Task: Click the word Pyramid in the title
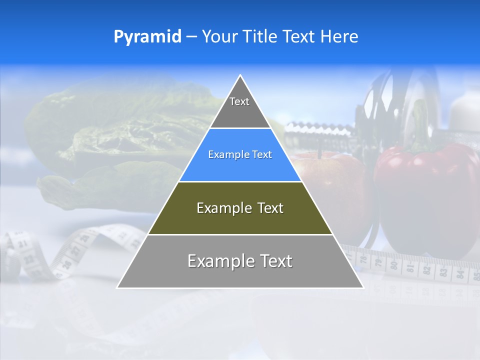coord(147,36)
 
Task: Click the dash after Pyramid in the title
coord(191,37)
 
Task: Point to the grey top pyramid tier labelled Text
coord(239,107)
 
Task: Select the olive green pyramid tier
coord(240,215)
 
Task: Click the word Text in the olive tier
coord(268,208)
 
